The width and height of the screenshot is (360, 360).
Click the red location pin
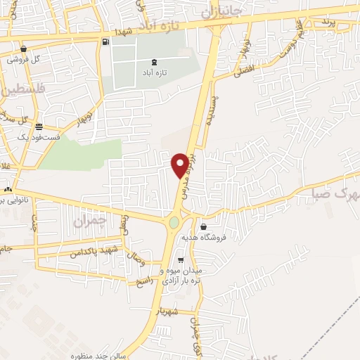coord(181,165)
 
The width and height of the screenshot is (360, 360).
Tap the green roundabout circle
coord(174,224)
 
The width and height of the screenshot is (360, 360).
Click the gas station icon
coord(105,41)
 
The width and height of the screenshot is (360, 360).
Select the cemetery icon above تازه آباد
coord(154,62)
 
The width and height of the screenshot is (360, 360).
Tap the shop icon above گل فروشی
coord(24,49)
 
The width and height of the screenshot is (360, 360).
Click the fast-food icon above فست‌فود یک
coord(38,127)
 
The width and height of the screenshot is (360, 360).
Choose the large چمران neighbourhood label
coord(89,222)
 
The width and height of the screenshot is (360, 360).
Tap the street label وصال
coord(134,261)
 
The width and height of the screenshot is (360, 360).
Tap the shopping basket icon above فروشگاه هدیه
coord(204,227)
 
